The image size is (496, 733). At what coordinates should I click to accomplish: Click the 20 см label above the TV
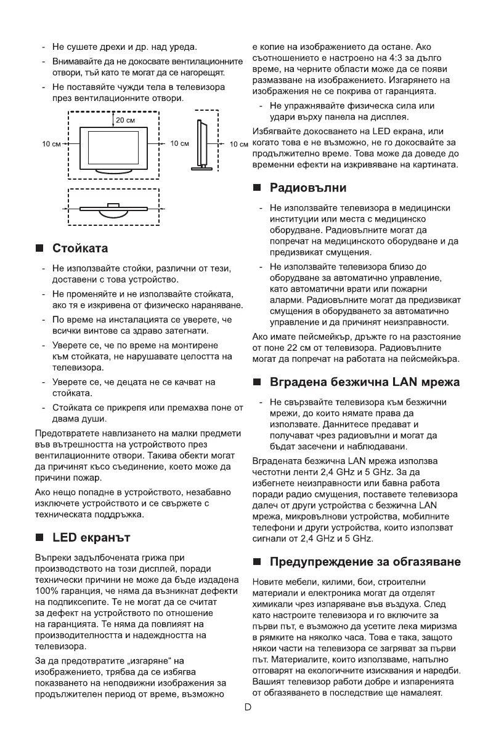[x=126, y=119]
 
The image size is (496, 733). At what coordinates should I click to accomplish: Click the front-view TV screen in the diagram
[x=113, y=143]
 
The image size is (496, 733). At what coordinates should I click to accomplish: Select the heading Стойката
[x=80, y=249]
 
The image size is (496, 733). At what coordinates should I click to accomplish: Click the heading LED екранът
[x=91, y=538]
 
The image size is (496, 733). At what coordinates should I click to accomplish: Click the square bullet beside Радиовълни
[x=257, y=188]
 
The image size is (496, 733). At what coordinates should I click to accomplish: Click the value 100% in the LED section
[x=44, y=591]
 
